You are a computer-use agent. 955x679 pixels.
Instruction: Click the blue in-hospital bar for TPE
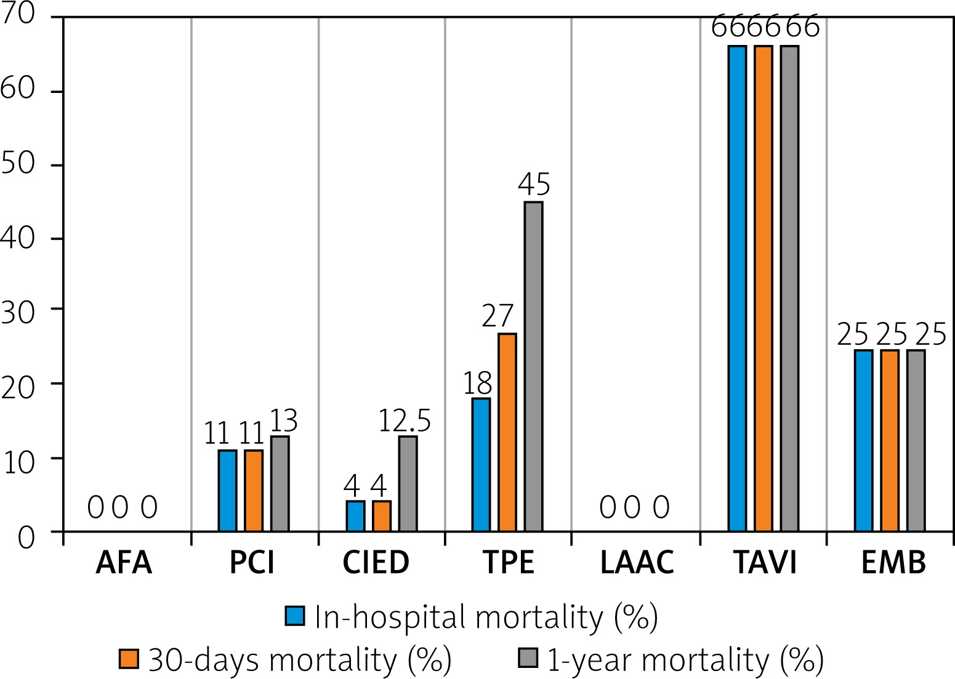481,465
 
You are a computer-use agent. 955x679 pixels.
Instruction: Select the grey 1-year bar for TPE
533,366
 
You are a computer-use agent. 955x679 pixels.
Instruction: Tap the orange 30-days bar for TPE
507,432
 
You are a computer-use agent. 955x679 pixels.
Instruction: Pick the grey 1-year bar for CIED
408,483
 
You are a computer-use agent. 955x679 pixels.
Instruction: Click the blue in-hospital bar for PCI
227,491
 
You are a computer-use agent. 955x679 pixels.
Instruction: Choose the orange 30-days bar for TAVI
763,288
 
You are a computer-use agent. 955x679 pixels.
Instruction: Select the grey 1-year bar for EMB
916,440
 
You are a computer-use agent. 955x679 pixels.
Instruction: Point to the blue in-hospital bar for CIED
355,516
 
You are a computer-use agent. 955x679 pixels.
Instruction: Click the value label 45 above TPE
534,184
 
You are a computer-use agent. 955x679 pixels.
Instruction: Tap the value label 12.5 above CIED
404,421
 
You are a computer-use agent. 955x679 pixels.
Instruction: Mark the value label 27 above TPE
498,316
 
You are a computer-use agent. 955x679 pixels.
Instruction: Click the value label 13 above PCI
283,421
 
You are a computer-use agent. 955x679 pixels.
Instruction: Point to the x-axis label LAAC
637,562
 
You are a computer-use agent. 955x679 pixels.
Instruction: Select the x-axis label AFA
124,562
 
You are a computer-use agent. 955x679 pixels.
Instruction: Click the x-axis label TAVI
765,562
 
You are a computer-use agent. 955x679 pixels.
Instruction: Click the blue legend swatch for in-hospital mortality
295,616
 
